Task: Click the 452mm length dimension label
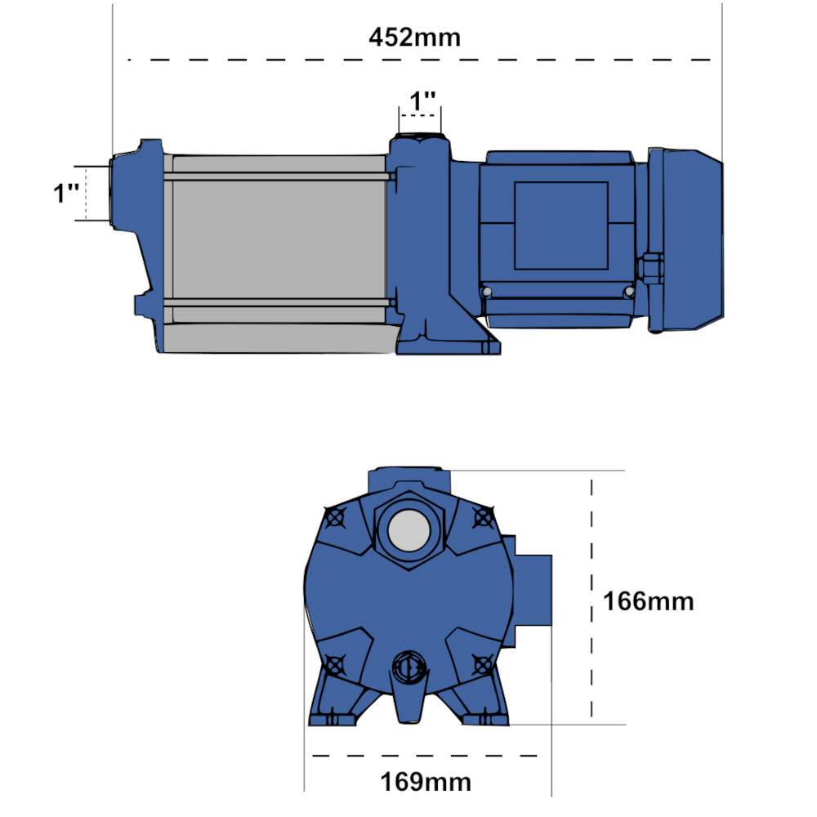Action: pos(414,38)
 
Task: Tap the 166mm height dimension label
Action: pos(648,601)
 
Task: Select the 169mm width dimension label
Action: pos(425,782)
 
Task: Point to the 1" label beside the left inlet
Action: pos(66,194)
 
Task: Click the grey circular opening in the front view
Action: pos(409,532)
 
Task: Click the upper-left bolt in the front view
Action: pos(333,517)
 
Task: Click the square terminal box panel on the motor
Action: pos(560,225)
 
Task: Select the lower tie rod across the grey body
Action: pos(278,304)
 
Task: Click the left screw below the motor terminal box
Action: pos(488,292)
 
